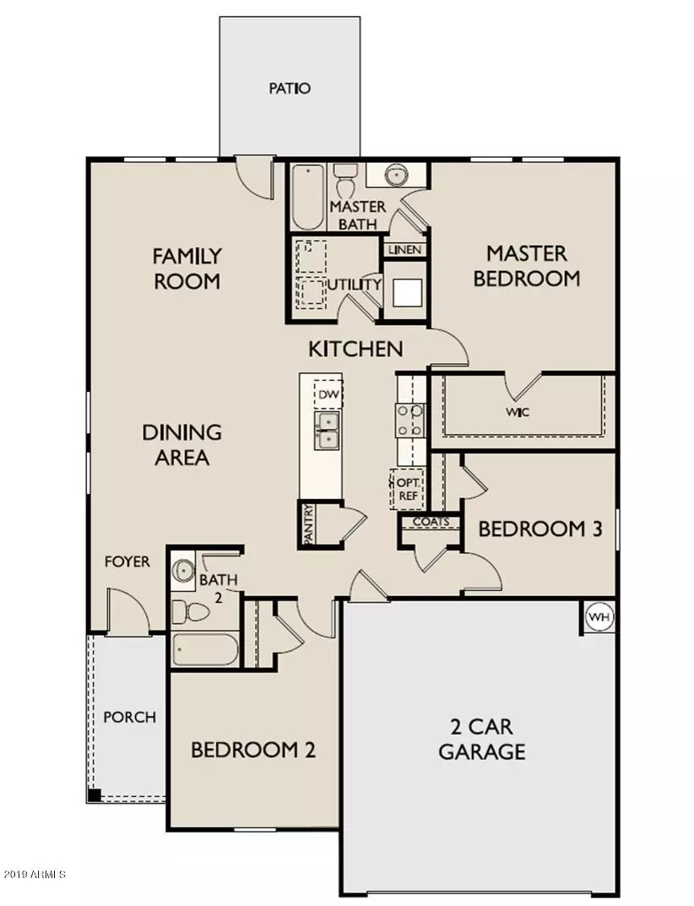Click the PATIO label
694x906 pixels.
290,88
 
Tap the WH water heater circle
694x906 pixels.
598,617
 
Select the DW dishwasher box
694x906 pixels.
328,394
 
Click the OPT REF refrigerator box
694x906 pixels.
407,489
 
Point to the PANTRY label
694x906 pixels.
309,524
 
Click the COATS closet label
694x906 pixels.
431,522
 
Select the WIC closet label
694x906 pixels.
518,413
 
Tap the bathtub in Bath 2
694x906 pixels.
205,651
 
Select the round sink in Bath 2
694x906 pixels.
182,573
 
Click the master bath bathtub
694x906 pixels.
307,197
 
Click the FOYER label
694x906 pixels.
127,562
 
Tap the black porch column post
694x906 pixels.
95,795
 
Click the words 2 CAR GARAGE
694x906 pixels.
481,739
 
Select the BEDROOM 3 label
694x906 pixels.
539,529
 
